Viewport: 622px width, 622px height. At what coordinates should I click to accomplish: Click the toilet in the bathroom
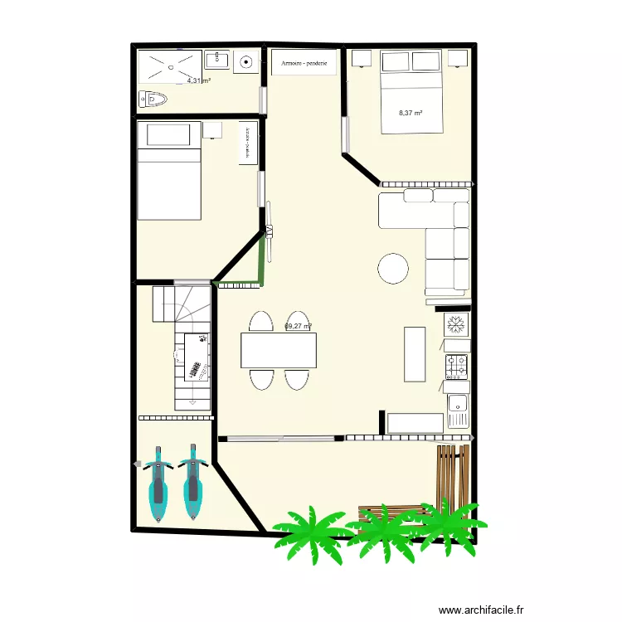pyautogui.click(x=154, y=100)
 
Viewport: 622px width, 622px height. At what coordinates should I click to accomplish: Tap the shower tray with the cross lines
pyautogui.click(x=169, y=66)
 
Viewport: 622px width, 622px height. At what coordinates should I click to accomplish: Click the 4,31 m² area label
pyautogui.click(x=198, y=81)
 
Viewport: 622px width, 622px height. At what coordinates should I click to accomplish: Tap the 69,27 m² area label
pyautogui.click(x=297, y=327)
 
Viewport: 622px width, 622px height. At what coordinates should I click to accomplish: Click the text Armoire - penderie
pyautogui.click(x=304, y=63)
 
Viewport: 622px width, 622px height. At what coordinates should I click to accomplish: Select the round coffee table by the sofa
pyautogui.click(x=392, y=268)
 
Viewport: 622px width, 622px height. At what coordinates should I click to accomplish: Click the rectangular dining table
pyautogui.click(x=279, y=350)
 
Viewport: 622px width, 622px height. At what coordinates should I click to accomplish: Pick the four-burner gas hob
pyautogui.click(x=457, y=363)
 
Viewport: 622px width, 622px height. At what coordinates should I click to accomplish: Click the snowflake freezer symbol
pyautogui.click(x=455, y=323)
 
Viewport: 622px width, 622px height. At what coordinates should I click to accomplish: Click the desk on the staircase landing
pyautogui.click(x=192, y=356)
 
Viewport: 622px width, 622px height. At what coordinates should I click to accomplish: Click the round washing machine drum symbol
pyautogui.click(x=247, y=61)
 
